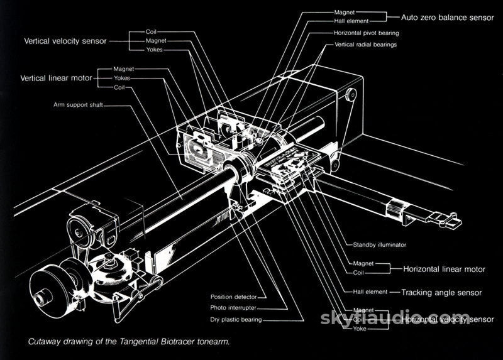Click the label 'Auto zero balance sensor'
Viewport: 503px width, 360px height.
448,18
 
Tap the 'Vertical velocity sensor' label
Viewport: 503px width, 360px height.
65,41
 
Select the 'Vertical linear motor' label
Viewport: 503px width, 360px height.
57,78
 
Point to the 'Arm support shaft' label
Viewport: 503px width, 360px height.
78,105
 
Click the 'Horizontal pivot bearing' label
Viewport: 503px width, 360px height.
366,33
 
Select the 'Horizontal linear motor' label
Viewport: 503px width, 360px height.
444,269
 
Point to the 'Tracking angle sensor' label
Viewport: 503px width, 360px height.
441,292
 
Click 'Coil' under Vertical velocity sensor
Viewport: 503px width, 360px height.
152,31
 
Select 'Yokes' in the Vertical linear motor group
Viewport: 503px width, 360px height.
122,78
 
